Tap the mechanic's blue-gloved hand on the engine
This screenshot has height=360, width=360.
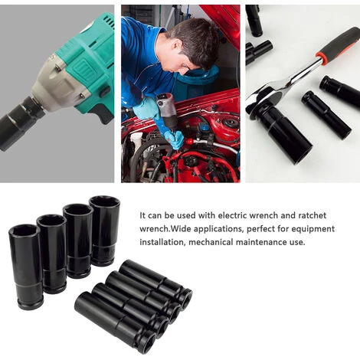178,139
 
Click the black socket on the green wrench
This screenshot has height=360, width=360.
18,122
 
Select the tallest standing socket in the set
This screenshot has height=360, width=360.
105,231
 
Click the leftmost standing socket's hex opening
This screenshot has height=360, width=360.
25,231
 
